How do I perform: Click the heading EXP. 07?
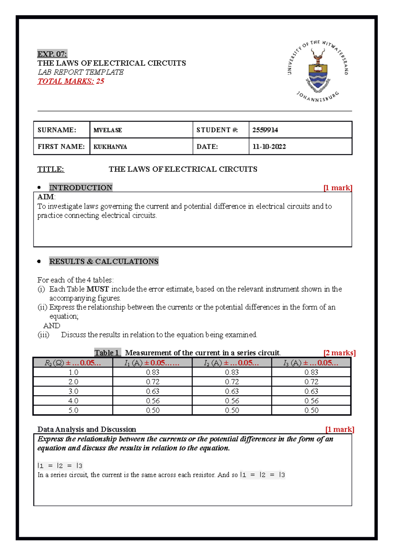[x=52, y=54]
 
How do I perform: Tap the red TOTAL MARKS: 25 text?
[x=71, y=81]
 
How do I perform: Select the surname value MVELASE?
[x=108, y=130]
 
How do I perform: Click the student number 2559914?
[x=265, y=130]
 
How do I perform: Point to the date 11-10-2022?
[x=269, y=147]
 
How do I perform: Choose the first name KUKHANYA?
[x=110, y=147]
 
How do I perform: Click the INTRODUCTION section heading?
[x=81, y=188]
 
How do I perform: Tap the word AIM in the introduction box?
[x=46, y=197]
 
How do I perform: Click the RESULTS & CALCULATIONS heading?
[x=104, y=261]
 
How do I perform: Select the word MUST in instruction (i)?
[x=98, y=289]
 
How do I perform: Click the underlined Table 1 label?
[x=107, y=353]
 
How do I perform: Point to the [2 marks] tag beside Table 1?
[x=339, y=353]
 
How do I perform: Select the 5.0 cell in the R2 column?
[x=73, y=410]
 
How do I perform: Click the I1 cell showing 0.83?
[x=153, y=372]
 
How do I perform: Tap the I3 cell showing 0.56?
[x=311, y=401]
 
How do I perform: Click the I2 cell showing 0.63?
[x=232, y=391]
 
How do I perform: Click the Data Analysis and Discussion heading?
[x=86, y=429]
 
